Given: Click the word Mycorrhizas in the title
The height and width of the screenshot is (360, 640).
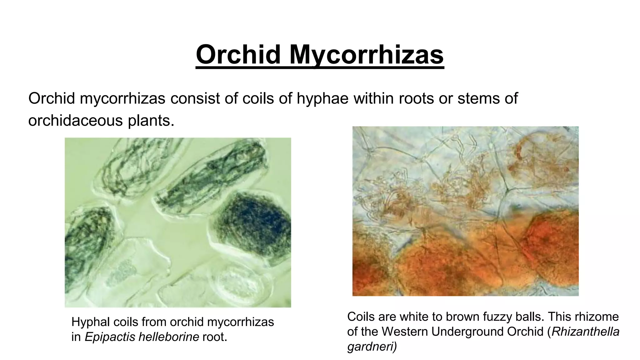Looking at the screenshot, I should (x=366, y=55).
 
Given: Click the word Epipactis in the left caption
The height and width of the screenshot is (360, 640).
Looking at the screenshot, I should (x=109, y=337).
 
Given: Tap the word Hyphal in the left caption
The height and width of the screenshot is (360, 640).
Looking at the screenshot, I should (x=88, y=322).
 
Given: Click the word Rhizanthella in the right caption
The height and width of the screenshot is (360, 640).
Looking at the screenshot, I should (x=585, y=332).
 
